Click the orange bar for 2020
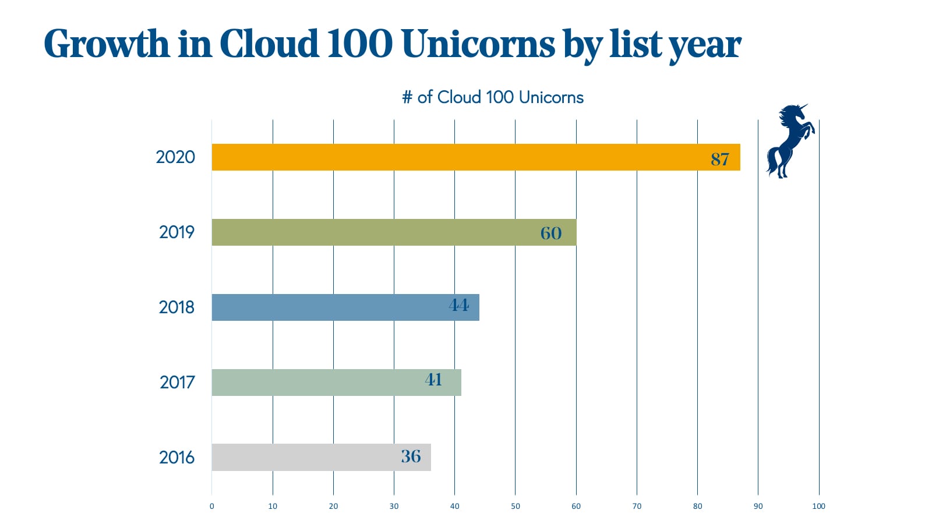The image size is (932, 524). coord(454,157)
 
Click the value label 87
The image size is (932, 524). coord(720,159)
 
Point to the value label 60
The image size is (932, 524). coord(551,233)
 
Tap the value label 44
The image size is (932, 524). coord(459,305)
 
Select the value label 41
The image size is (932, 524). coord(434,380)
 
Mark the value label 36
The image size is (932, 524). coord(411,456)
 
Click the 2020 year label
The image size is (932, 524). coord(175,157)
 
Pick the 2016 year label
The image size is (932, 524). coord(177,458)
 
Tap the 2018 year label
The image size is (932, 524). coord(177,307)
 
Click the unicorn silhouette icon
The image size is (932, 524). coord(790,141)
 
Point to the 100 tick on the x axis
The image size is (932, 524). coord(818,506)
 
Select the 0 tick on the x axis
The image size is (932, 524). coord(211,506)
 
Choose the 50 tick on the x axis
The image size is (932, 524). coord(515,506)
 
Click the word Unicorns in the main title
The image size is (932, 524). coord(478,44)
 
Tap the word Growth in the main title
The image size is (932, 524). coord(106,44)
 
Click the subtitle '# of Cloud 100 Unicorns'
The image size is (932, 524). coord(493,97)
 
